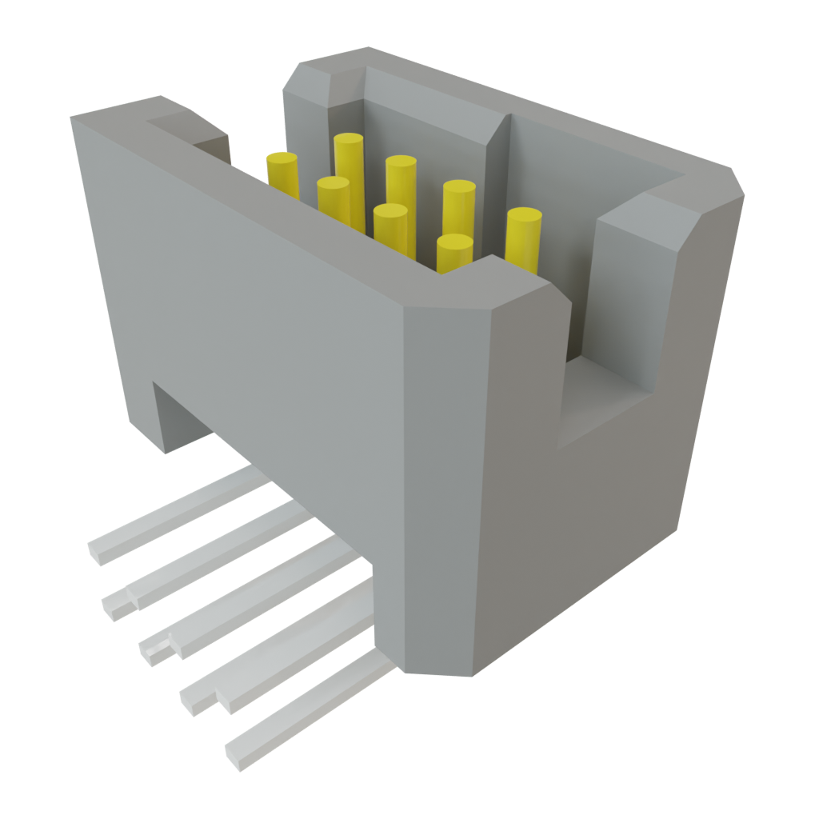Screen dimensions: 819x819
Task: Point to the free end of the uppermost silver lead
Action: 99,549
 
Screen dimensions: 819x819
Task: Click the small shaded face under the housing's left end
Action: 180,416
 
